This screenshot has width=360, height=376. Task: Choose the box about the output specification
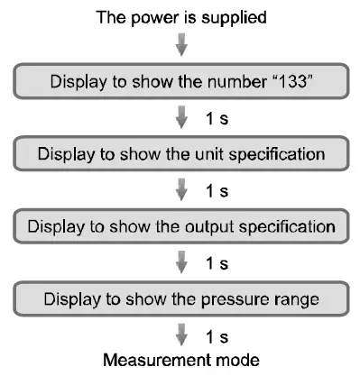click(180, 225)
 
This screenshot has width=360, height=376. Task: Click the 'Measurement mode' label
click(181, 360)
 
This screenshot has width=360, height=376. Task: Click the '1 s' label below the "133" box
click(217, 117)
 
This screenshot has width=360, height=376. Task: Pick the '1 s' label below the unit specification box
click(217, 189)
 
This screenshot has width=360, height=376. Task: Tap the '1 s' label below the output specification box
click(217, 261)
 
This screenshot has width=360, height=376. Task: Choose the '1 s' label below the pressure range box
click(217, 333)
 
